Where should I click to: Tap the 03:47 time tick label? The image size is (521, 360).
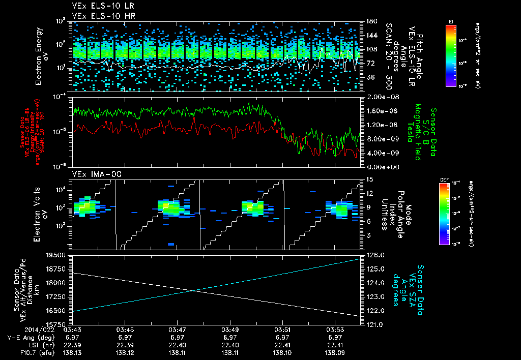pos(177,329)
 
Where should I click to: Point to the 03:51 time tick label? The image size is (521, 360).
pos(282,329)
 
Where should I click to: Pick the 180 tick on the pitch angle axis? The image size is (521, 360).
pos(368,21)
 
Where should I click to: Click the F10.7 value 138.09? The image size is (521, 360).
pos(335,351)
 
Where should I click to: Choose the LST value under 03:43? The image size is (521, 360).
pos(72,344)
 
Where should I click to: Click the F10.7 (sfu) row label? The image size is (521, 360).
pos(33,351)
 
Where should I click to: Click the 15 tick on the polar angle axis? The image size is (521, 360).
pos(366,179)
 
